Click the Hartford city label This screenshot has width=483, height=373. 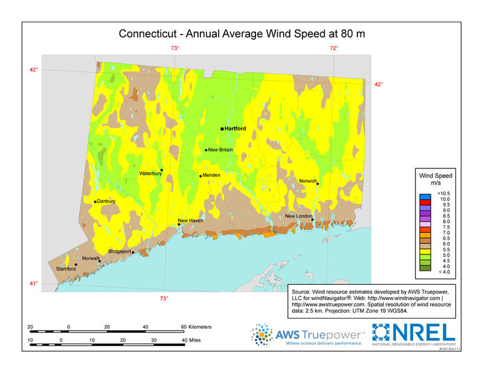click(x=235, y=129)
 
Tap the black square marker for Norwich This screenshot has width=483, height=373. click(x=317, y=183)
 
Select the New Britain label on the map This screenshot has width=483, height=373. click(x=220, y=150)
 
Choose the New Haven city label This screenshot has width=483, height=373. click(x=190, y=221)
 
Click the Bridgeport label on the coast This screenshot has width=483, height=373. click(x=120, y=251)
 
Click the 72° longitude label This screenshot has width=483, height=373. click(x=333, y=48)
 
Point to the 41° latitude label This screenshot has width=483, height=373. click(x=34, y=284)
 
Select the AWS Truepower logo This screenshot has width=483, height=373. click(x=309, y=335)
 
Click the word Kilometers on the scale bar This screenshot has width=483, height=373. click(x=197, y=327)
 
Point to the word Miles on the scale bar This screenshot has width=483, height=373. click(x=193, y=340)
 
